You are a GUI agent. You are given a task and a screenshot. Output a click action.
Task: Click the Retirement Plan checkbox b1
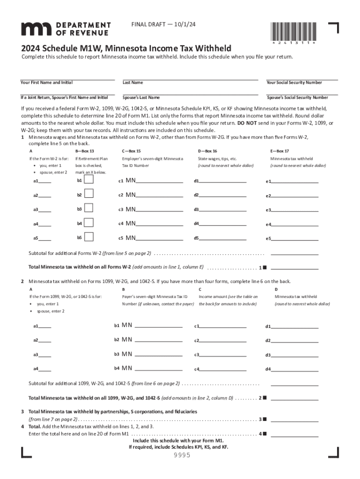(x=88, y=180)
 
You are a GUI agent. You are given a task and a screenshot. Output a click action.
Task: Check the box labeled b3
(x=88, y=209)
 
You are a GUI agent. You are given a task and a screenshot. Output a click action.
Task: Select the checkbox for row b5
(x=88, y=237)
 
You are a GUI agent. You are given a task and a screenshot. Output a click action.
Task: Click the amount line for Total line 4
(x=295, y=434)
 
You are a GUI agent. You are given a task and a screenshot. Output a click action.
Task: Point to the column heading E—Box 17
(x=280, y=151)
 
